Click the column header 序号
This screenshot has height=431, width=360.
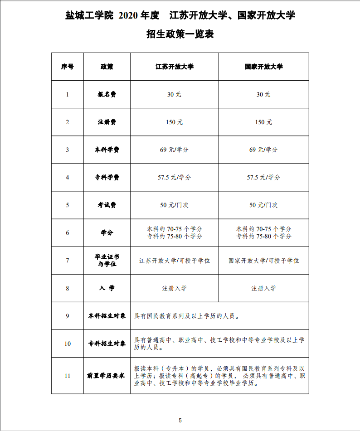pos(68,67)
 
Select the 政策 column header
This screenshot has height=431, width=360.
pos(107,67)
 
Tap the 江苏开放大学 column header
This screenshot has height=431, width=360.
pos(175,67)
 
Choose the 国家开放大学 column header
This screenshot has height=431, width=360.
pos(263,67)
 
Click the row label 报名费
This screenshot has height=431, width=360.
pos(107,94)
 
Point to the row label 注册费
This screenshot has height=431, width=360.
pos(107,122)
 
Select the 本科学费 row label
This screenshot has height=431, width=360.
pos(107,150)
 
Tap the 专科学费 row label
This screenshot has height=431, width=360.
pos(107,177)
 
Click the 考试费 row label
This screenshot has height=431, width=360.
pos(107,205)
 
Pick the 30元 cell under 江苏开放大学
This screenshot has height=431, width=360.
pos(175,94)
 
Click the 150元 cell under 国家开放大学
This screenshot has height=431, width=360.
pos(263,122)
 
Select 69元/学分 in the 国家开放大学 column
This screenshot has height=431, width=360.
pos(263,150)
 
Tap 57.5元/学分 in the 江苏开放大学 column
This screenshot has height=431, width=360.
pos(175,177)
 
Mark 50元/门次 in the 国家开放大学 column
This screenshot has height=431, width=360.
pos(263,205)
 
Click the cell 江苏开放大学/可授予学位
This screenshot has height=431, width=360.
pos(175,261)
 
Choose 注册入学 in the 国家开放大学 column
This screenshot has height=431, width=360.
pos(263,288)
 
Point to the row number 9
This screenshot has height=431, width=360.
pos(68,316)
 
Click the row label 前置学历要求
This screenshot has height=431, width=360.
pos(107,376)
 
